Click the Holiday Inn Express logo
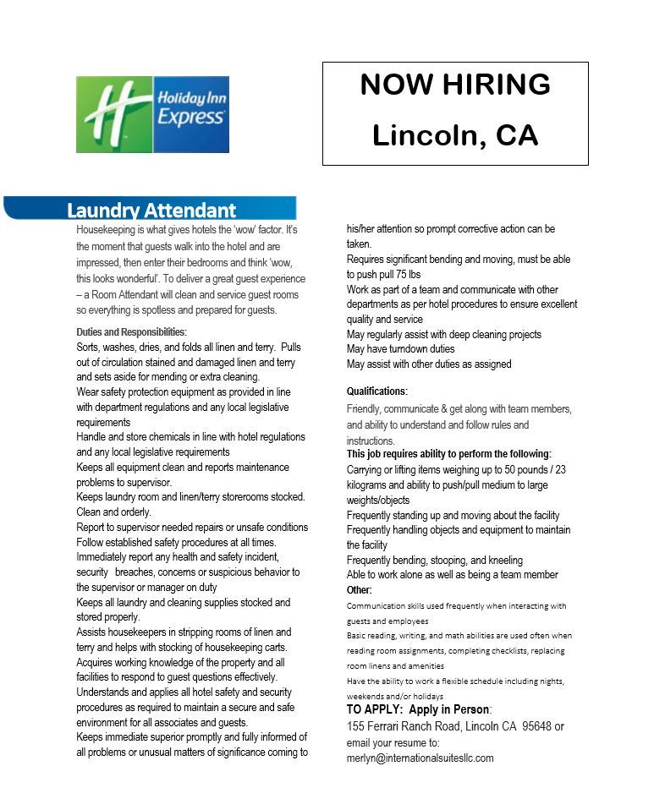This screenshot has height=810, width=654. click(152, 114)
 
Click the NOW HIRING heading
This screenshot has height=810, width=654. click(455, 85)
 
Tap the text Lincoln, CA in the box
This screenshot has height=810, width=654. click(455, 135)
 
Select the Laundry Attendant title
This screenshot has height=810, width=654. click(151, 210)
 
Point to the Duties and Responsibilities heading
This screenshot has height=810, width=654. click(131, 332)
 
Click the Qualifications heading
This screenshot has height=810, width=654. click(376, 391)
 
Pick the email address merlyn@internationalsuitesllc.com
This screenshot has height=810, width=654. click(420, 758)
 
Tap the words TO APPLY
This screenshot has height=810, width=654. click(375, 709)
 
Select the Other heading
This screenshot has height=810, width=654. click(359, 589)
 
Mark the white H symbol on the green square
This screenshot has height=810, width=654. click(114, 114)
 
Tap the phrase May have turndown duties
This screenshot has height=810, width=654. click(400, 349)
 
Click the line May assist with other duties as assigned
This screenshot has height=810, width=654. click(428, 364)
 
